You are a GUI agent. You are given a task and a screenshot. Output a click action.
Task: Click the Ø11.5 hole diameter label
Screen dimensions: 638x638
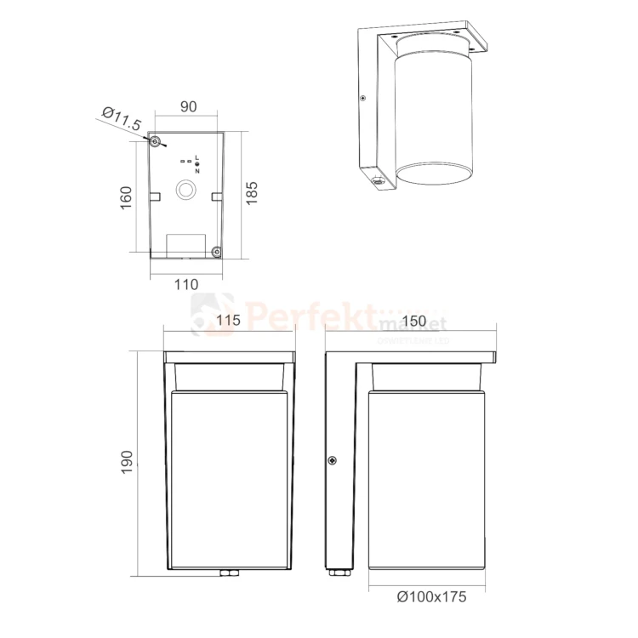pyautogui.click(x=121, y=119)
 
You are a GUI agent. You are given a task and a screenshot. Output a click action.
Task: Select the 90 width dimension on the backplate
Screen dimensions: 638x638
pyautogui.click(x=187, y=106)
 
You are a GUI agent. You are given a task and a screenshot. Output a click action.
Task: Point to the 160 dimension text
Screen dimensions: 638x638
pyautogui.click(x=127, y=197)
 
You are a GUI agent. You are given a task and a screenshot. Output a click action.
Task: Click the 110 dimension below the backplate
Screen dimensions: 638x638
pyautogui.click(x=185, y=284)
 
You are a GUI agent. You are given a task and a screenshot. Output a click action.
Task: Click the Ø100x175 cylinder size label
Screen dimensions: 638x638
pyautogui.click(x=432, y=596)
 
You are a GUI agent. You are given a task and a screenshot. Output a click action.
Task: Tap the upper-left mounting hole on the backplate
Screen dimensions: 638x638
pyautogui.click(x=156, y=141)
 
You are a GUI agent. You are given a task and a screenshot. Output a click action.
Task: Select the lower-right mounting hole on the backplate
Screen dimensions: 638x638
pyautogui.click(x=216, y=251)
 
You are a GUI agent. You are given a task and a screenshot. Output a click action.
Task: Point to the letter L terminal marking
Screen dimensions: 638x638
pyautogui.click(x=197, y=158)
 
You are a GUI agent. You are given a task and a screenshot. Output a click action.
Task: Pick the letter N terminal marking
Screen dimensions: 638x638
pyautogui.click(x=197, y=170)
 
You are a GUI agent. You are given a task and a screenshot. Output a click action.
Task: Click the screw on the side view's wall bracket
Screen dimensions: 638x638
pyautogui.click(x=332, y=460)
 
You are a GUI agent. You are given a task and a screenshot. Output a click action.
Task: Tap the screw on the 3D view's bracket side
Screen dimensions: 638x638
pyautogui.click(x=363, y=99)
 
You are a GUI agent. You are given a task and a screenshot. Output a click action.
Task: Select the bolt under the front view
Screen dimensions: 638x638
pyautogui.click(x=228, y=574)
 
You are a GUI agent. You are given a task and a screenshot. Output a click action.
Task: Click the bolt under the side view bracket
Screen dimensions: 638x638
pyautogui.click(x=339, y=574)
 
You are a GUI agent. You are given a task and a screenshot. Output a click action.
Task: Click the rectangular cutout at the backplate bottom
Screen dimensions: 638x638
pyautogui.click(x=186, y=247)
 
